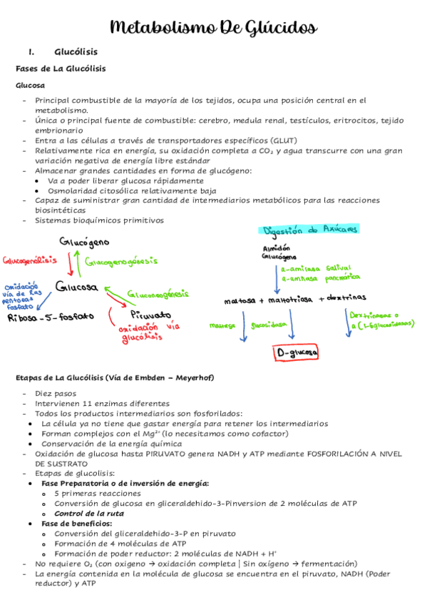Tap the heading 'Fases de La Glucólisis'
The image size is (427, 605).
click(61, 68)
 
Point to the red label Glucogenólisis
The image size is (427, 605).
click(29, 262)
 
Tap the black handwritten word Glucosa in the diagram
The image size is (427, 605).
click(76, 287)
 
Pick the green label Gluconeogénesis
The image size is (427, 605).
click(158, 293)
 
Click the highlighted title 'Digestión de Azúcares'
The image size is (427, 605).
click(310, 230)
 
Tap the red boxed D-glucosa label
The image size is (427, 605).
click(297, 352)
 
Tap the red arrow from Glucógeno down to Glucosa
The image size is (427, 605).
click(70, 264)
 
